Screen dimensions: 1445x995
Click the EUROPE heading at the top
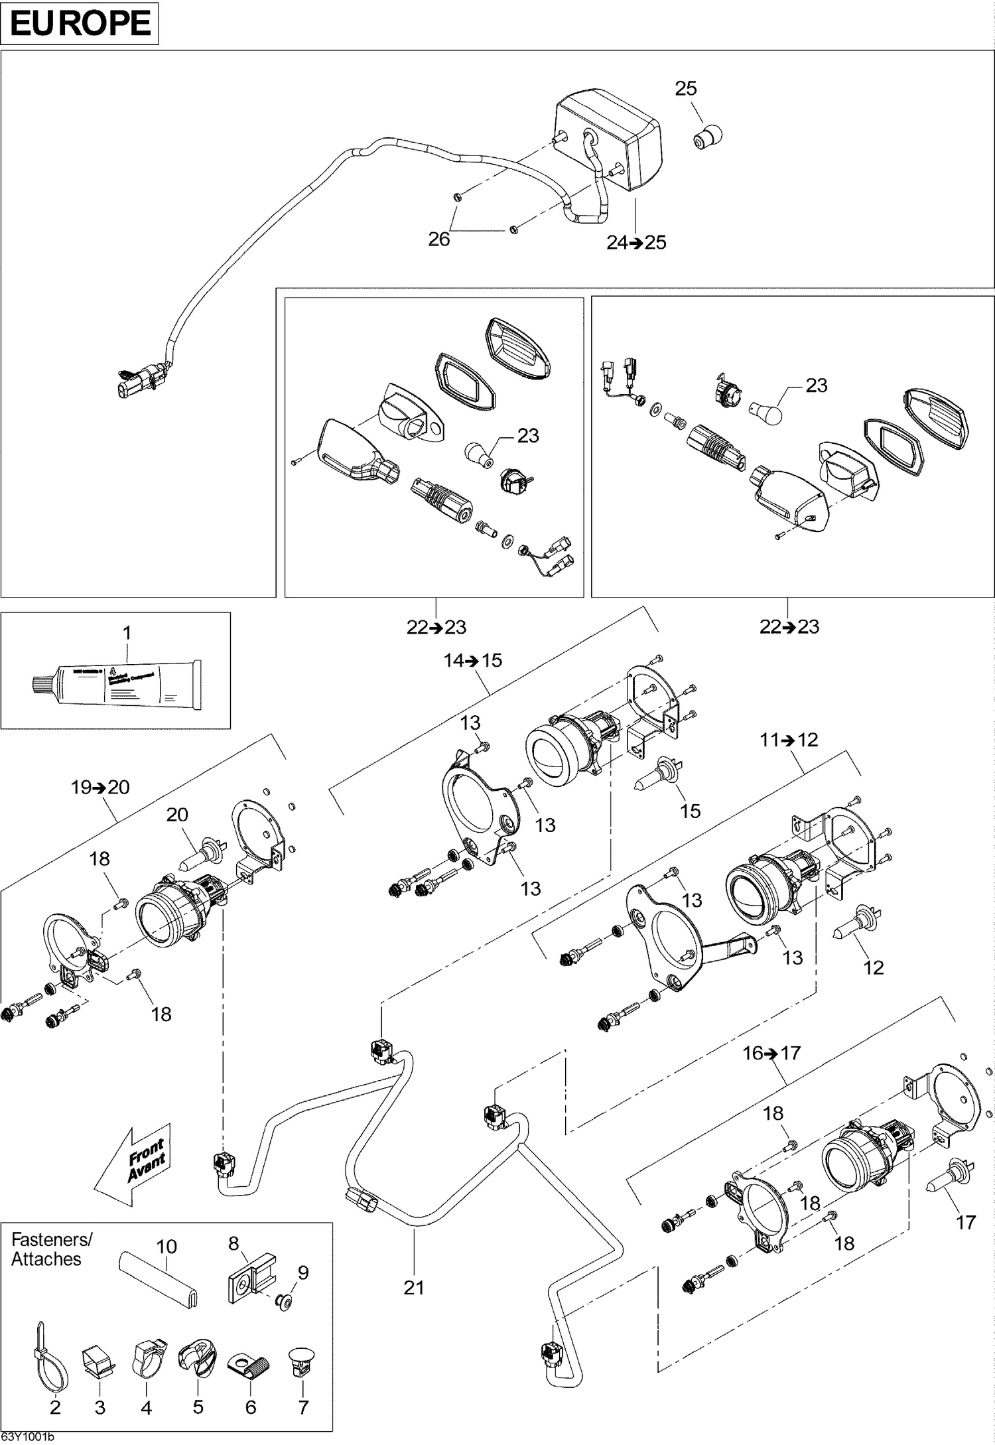click(x=80, y=23)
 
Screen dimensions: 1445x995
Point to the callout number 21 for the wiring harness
click(x=413, y=1287)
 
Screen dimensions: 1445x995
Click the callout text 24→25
click(x=636, y=243)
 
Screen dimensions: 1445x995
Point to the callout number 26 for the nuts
click(x=439, y=239)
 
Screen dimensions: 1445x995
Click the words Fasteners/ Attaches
click(x=52, y=1249)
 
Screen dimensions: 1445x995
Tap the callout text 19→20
click(x=100, y=787)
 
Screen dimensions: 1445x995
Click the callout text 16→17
click(x=771, y=1053)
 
